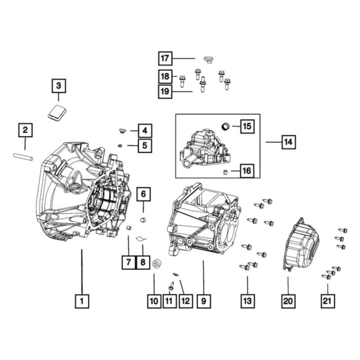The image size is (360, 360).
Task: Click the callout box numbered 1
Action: tap(82, 301)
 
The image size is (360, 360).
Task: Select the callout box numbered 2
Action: tap(25, 130)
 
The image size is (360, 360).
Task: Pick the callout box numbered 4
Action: tap(145, 131)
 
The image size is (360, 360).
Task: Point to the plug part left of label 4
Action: tap(121, 131)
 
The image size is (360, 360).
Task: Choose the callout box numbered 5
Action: tap(145, 145)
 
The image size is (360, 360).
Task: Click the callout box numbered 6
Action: tap(144, 194)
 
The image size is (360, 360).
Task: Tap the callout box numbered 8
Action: tap(143, 261)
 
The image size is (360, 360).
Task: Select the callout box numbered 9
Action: tap(203, 301)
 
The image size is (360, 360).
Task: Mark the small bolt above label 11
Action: tap(171, 285)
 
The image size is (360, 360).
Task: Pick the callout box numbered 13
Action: tap(247, 301)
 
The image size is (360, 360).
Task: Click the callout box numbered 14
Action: tap(288, 142)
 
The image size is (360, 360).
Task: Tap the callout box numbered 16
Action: tap(247, 171)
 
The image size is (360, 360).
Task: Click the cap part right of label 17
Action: tap(208, 59)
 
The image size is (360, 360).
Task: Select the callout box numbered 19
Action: tap(166, 92)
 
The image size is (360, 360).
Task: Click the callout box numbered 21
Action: tap(328, 301)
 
